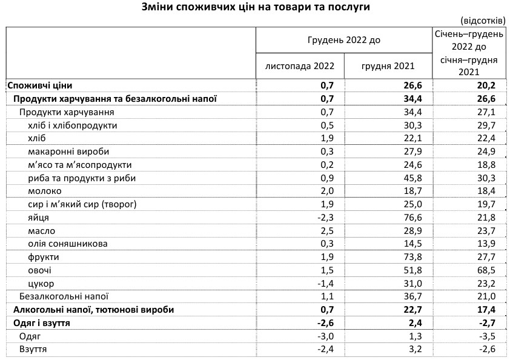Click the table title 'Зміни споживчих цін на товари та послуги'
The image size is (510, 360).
coord(254,7)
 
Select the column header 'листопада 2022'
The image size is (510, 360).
coord(299,66)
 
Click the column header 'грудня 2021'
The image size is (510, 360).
coord(388,66)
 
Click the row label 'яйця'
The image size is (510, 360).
coord(39,218)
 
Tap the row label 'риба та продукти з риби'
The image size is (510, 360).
coord(76,178)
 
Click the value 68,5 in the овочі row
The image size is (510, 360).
coord(486,270)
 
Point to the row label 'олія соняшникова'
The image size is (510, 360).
coord(68,244)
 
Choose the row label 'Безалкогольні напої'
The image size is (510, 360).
coord(64,297)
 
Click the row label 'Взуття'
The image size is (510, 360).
coord(33,350)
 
